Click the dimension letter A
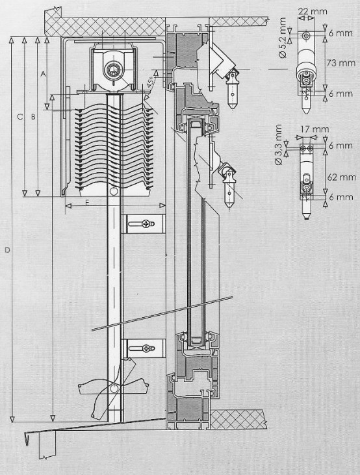point(43,73)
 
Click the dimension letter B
point(33,116)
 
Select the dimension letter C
point(20,116)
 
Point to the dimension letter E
point(87,203)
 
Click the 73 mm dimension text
point(341,63)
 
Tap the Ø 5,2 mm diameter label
point(283,38)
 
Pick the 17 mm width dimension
point(315,129)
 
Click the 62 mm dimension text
point(342,177)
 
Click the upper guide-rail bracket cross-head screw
point(146,224)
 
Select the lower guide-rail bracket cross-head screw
point(146,348)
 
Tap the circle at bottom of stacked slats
point(114,191)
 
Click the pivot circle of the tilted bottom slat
point(114,388)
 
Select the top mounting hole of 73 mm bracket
point(307,36)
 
